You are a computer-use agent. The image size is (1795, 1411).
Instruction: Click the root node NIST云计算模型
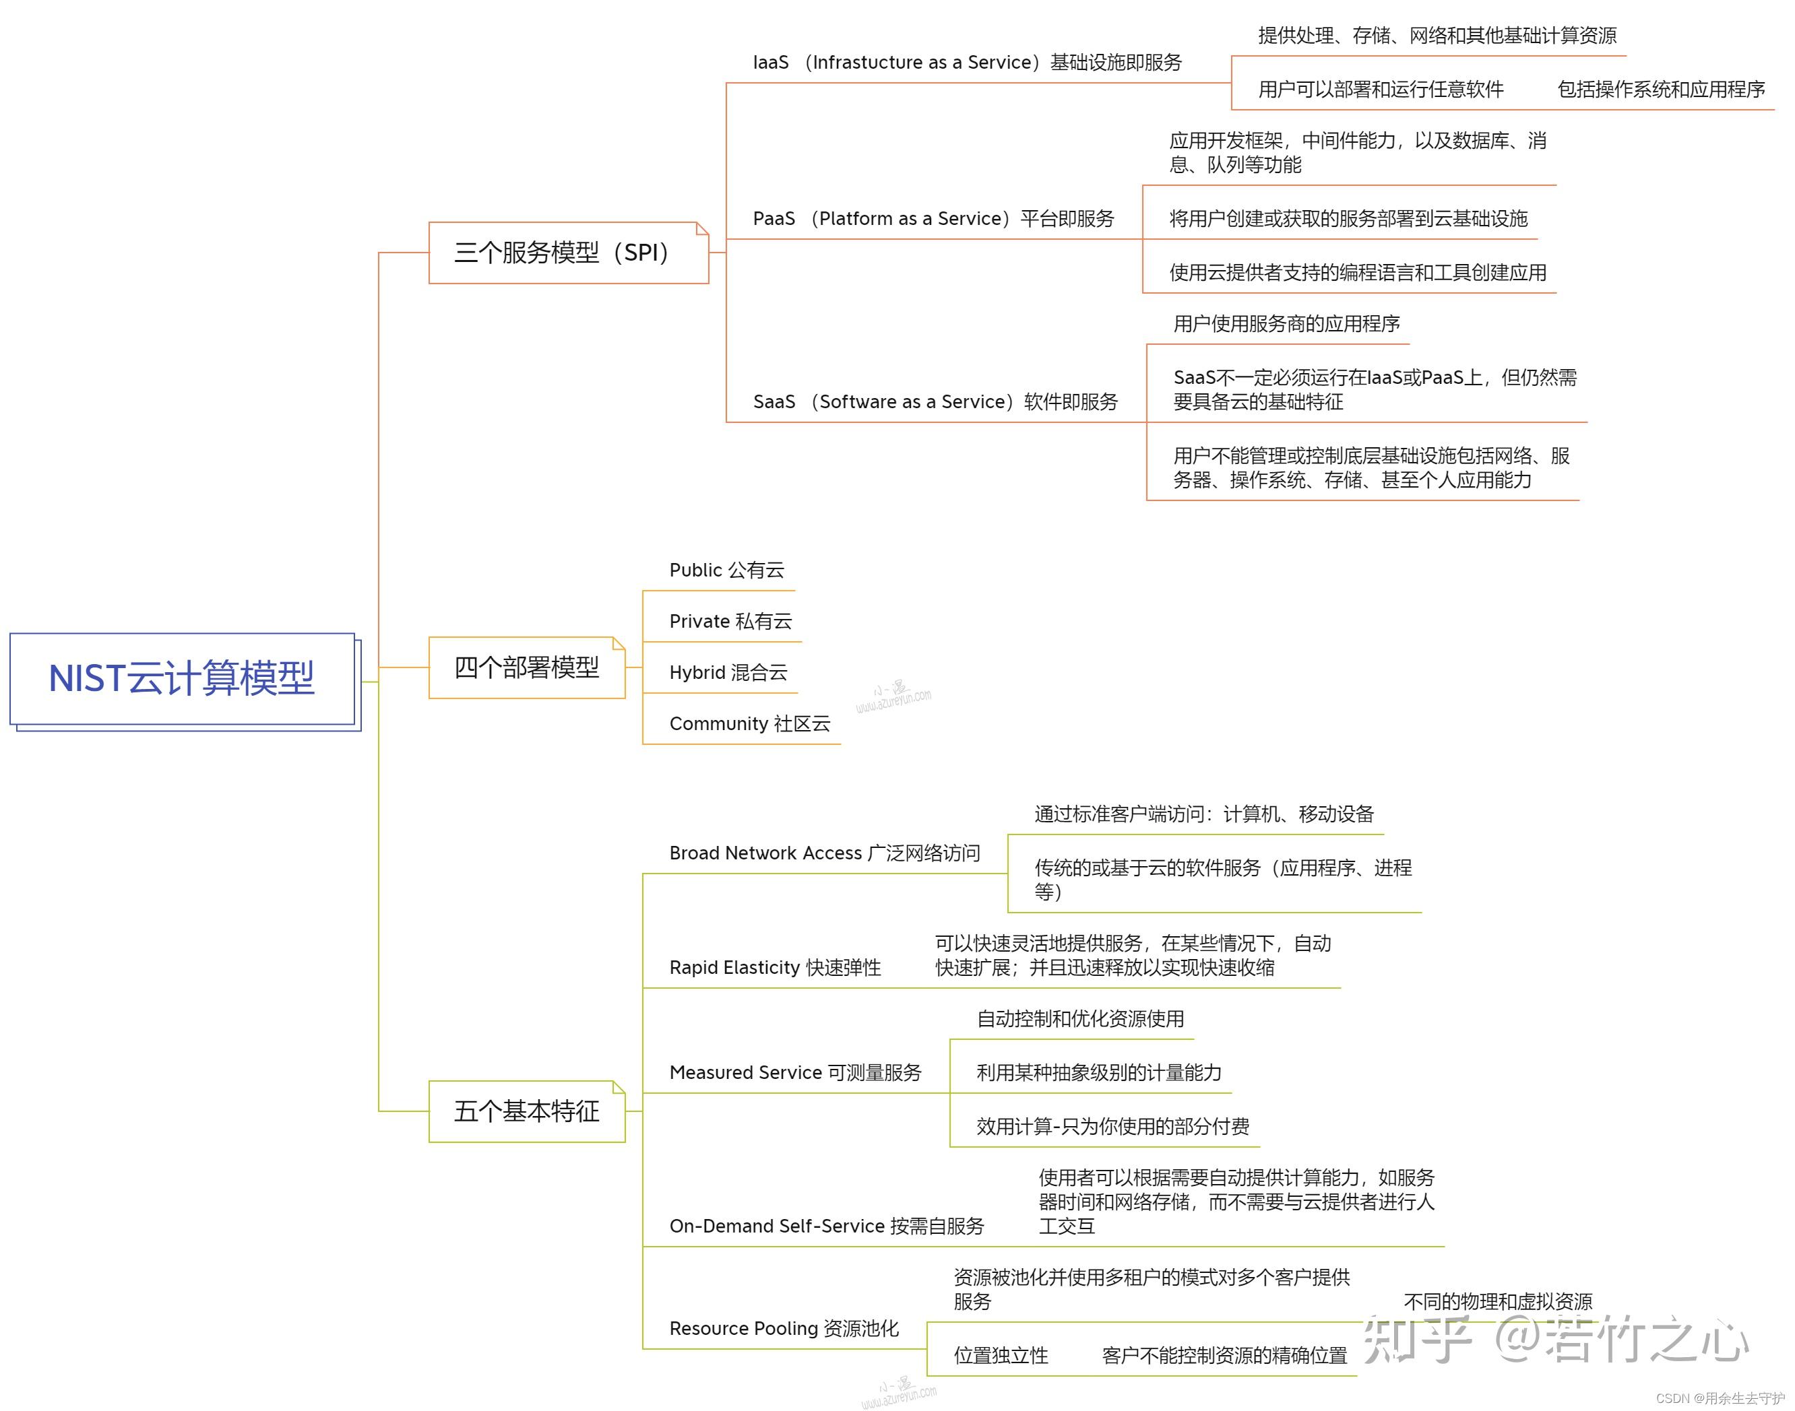182,679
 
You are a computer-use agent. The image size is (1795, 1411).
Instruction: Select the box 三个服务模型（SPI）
569,253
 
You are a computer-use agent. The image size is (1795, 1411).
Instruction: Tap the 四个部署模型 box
526,667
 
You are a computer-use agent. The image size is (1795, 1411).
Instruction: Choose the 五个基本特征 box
526,1111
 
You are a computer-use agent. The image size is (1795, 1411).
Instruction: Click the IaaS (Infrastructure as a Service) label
967,63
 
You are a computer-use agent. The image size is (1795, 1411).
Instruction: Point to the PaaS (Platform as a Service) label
933,219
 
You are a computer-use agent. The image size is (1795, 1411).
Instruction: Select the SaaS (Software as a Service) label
935,402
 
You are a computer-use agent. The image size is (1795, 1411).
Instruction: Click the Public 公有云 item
726,570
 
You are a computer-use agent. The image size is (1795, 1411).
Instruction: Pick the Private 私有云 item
730,621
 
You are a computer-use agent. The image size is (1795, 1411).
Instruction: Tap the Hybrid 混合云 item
728,672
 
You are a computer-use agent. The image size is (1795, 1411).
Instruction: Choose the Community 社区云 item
749,723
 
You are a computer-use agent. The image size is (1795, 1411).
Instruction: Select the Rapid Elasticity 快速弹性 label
775,967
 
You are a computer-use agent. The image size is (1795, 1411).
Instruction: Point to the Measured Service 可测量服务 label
795,1072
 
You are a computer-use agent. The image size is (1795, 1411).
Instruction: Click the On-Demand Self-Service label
827,1226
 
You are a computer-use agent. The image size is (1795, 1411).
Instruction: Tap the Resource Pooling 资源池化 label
784,1328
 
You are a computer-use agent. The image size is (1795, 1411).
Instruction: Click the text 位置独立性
1001,1356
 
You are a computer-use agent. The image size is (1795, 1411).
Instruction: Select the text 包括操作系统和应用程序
1661,89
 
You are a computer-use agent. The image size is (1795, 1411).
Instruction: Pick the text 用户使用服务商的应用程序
1287,324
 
